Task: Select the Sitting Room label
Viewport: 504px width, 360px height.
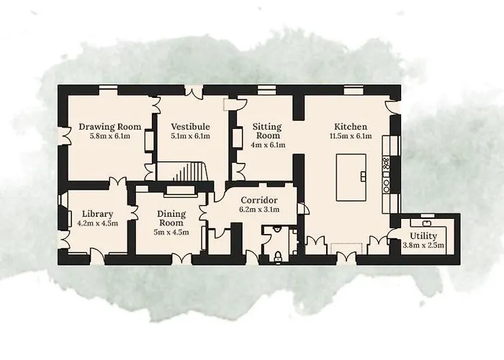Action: (266, 131)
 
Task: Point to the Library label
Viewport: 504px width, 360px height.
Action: (96, 214)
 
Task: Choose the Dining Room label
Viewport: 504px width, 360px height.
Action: (171, 218)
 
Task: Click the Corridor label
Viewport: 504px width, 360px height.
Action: (260, 200)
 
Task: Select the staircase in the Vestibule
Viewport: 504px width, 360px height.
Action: (189, 172)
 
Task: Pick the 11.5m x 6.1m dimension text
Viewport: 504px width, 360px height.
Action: (351, 136)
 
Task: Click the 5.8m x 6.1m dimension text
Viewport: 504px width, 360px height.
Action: (110, 136)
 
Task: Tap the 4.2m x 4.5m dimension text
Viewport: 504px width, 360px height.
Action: (96, 223)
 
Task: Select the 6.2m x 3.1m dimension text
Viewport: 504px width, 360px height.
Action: (260, 210)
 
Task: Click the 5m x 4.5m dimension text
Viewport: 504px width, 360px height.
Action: (171, 233)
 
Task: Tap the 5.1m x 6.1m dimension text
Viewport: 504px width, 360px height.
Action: (190, 136)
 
